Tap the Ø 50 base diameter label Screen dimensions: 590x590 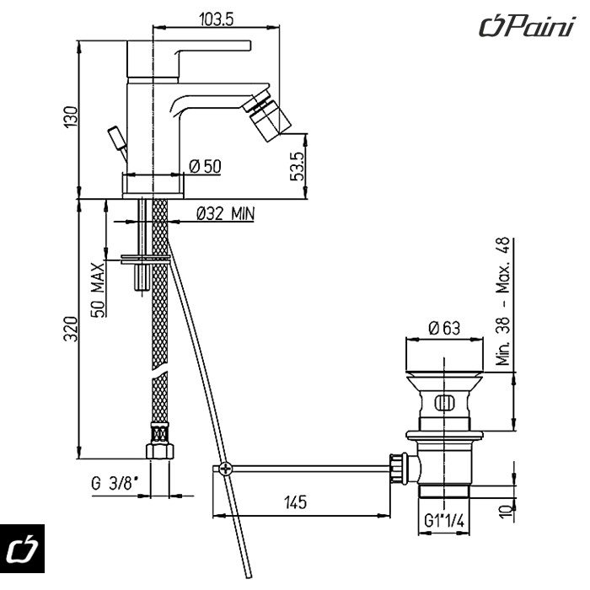point(206,167)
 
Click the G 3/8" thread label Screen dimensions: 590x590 point(115,484)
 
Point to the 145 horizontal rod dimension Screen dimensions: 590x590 point(294,502)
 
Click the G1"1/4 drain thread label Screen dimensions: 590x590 point(444,520)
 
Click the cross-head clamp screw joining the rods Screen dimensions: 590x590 point(223,470)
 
